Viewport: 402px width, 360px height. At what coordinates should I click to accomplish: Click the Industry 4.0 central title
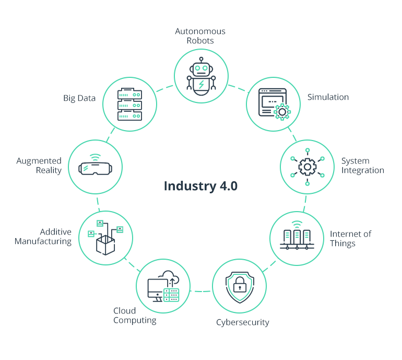(200, 186)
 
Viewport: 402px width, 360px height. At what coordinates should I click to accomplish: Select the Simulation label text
(328, 97)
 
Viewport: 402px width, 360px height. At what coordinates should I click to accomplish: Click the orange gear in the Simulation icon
(282, 111)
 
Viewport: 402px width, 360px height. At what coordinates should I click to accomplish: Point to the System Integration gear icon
(308, 167)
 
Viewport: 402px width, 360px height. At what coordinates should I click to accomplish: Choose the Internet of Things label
(350, 238)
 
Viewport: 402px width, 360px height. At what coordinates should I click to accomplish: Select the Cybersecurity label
(242, 322)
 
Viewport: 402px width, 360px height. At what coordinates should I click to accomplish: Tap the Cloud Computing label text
(135, 316)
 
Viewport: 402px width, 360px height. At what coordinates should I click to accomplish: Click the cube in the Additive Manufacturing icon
(105, 245)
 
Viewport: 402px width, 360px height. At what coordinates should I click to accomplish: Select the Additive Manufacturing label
(43, 237)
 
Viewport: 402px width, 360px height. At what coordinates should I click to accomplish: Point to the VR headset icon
(94, 168)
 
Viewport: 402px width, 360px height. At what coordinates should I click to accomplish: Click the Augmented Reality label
(39, 166)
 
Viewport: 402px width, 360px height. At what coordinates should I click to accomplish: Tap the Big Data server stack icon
(129, 103)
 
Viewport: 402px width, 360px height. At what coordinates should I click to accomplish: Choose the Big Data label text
(79, 98)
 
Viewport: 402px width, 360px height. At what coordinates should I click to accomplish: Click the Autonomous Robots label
(200, 36)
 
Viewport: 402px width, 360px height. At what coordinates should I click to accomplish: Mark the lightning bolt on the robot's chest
(201, 85)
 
